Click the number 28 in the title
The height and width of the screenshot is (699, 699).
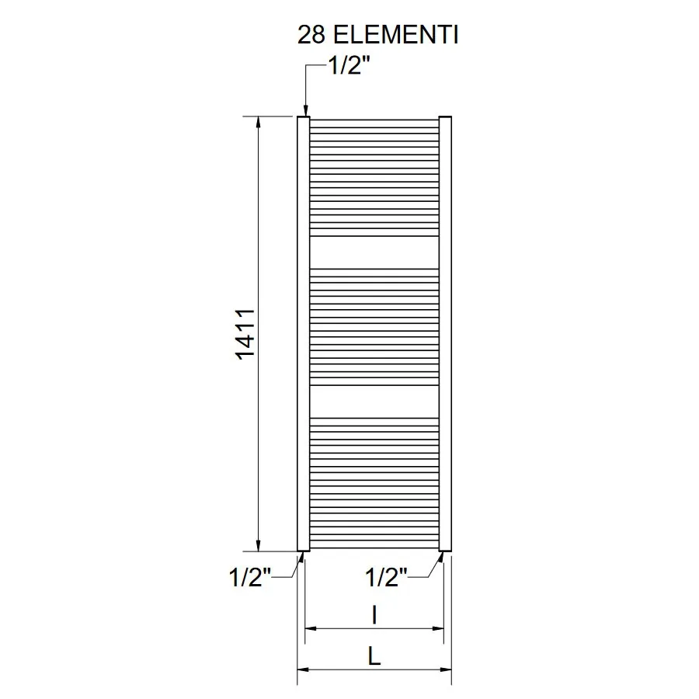click(311, 35)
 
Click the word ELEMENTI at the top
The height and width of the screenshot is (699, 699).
click(396, 35)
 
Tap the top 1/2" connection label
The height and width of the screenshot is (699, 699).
click(349, 66)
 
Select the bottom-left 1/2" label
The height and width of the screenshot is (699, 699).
click(249, 577)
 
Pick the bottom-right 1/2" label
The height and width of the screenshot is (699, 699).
click(386, 577)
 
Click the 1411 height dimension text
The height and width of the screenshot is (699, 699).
click(245, 334)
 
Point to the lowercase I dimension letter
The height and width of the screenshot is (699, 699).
click(374, 615)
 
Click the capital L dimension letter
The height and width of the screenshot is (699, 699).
click(374, 656)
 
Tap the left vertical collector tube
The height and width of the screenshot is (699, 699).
click(303, 334)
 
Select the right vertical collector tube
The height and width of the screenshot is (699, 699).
click(445, 334)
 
